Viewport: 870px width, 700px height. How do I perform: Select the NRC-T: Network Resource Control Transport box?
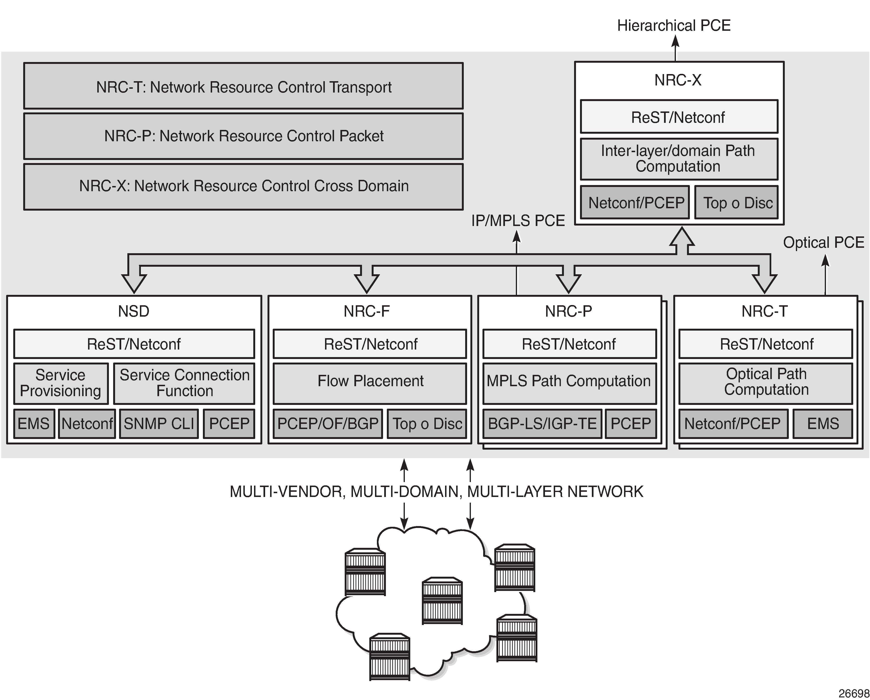coord(243,86)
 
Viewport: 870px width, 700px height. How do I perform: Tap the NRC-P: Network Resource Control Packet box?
coord(243,136)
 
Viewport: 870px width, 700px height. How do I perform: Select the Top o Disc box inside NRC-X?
coord(736,203)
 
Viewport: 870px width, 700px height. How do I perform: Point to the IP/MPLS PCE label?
coord(518,221)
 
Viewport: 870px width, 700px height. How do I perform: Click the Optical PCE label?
coord(823,243)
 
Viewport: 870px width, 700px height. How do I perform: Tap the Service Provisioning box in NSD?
coord(61,383)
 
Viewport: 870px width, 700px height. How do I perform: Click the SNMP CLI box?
coord(159,424)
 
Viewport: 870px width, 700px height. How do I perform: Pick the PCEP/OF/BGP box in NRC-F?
coord(328,424)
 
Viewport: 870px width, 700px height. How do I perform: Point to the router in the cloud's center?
coord(442,601)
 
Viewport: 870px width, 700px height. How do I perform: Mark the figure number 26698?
coord(853,693)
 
